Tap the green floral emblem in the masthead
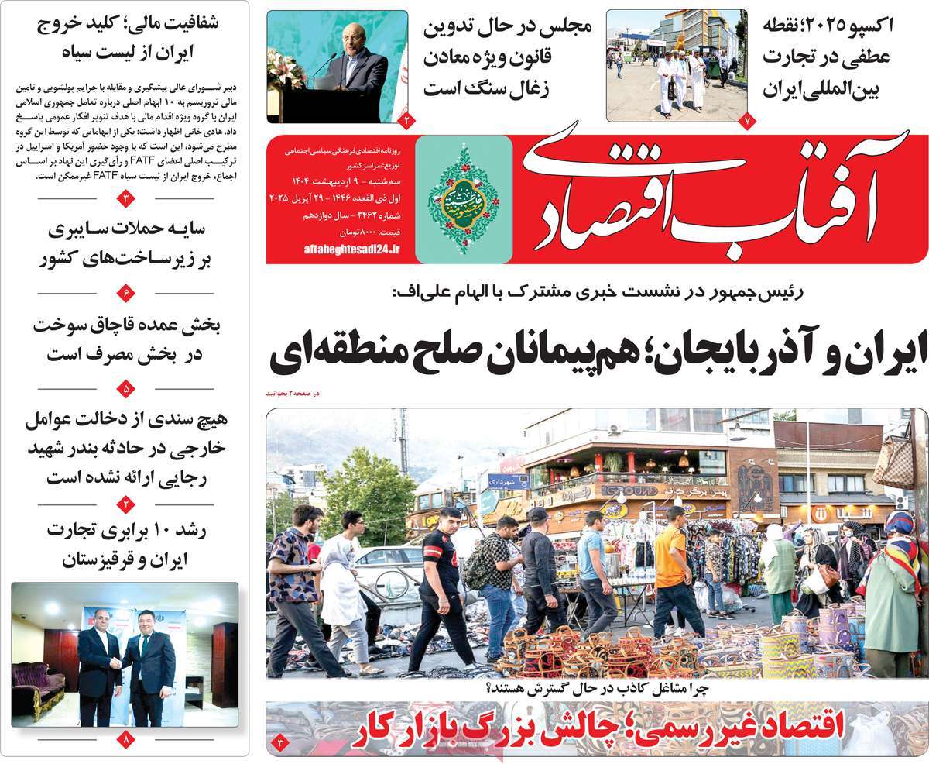pyautogui.click(x=464, y=199)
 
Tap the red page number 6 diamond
pyautogui.click(x=128, y=293)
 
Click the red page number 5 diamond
pyautogui.click(x=128, y=388)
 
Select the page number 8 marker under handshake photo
pyautogui.click(x=128, y=741)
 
